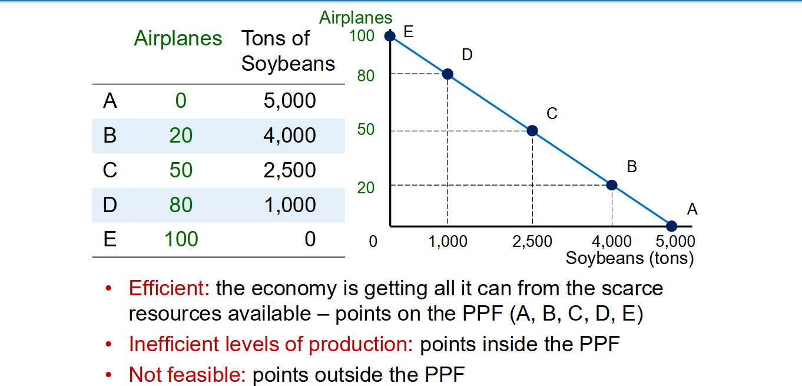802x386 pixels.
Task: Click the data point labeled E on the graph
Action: (x=390, y=36)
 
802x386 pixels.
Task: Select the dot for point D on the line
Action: (x=448, y=74)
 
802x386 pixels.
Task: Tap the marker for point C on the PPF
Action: (x=532, y=130)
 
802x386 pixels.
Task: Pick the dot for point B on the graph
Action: (x=612, y=185)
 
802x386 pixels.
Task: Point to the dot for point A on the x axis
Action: (x=672, y=226)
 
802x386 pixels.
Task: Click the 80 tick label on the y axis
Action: (x=366, y=76)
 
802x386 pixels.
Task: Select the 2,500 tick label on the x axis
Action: (x=532, y=242)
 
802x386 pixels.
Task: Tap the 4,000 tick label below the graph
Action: (x=612, y=242)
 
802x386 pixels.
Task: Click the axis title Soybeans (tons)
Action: (x=630, y=258)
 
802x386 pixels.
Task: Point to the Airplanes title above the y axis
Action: (x=356, y=18)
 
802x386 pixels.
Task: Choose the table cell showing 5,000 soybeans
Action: (x=290, y=100)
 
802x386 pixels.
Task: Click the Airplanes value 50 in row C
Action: (x=181, y=170)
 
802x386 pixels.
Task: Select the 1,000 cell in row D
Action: (x=290, y=204)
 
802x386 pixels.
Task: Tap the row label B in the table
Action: (x=110, y=136)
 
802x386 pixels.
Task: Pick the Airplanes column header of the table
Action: (x=178, y=38)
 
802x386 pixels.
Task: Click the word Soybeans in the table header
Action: (x=288, y=64)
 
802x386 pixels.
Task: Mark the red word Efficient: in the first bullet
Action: (x=169, y=288)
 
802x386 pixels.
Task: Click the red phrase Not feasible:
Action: (x=187, y=375)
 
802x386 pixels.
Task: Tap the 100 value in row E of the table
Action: (x=181, y=239)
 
